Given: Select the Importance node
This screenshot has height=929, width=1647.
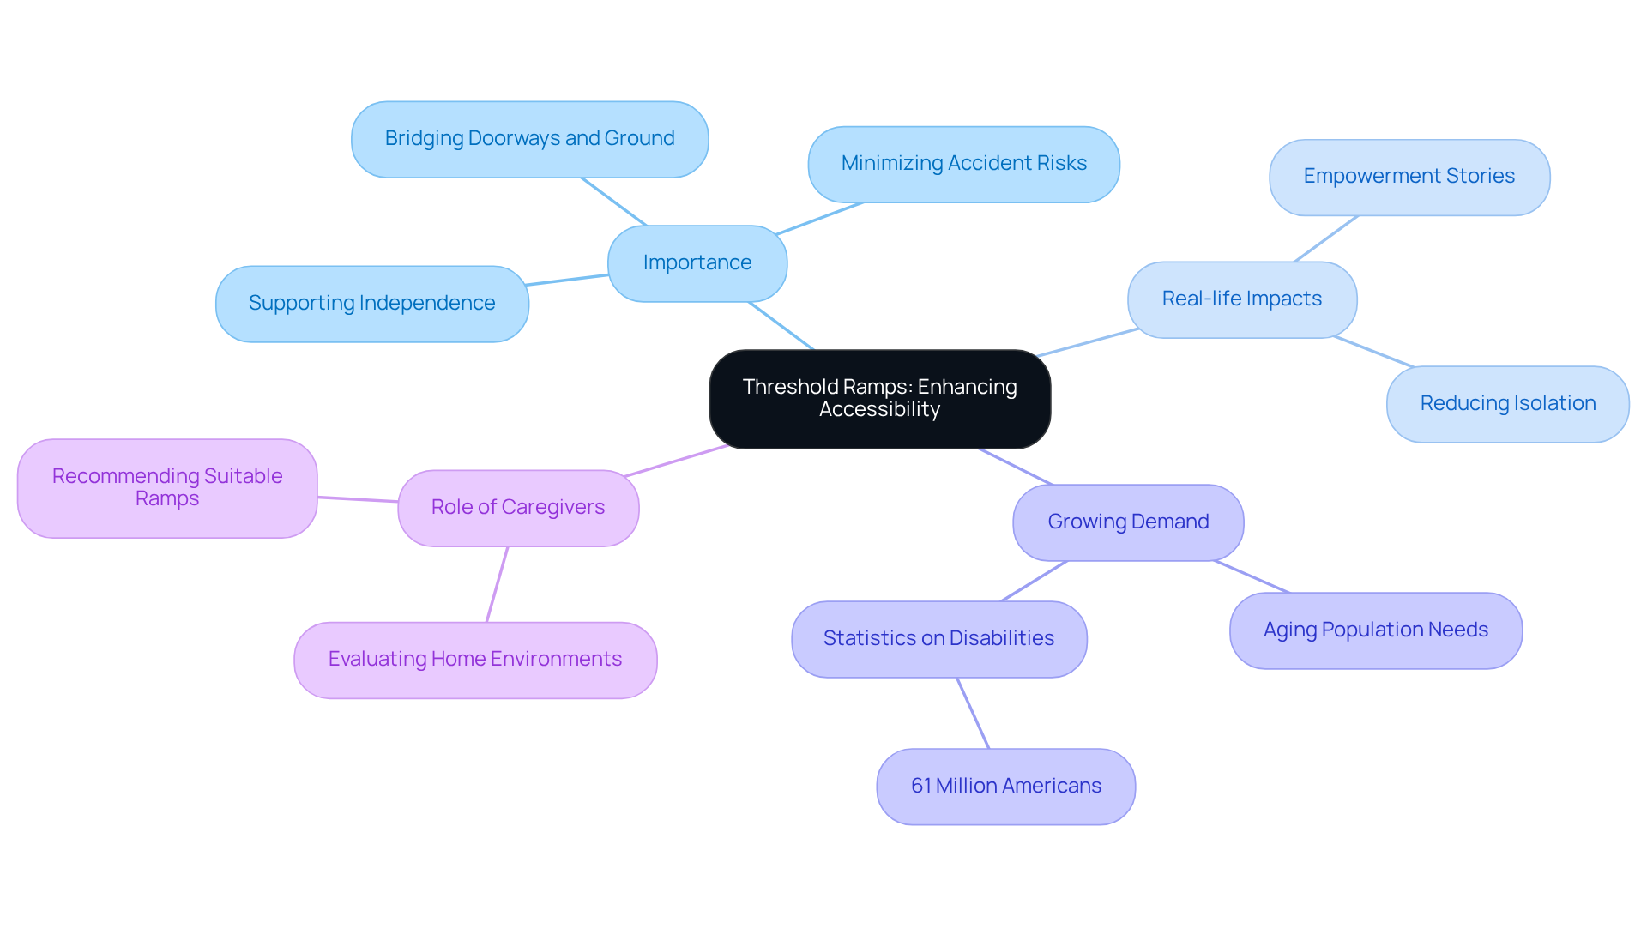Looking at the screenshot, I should pyautogui.click(x=697, y=263).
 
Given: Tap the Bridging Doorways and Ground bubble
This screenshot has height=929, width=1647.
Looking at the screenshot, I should pyautogui.click(x=529, y=139).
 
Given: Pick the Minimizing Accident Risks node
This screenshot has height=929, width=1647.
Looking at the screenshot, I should pyautogui.click(x=963, y=164).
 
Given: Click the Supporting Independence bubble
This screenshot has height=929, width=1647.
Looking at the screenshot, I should pyautogui.click(x=371, y=304).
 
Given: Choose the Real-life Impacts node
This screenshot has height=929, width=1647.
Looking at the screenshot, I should pyautogui.click(x=1241, y=299).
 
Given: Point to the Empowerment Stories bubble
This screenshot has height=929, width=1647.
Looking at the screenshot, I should pyautogui.click(x=1409, y=177).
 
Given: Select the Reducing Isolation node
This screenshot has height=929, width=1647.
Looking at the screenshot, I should pyautogui.click(x=1507, y=404).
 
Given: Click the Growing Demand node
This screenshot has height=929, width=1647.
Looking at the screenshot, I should pyautogui.click(x=1127, y=522).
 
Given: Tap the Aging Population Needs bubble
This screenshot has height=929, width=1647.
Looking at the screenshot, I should pyautogui.click(x=1375, y=630).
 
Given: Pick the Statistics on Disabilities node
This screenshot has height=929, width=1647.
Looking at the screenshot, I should pyautogui.click(x=938, y=639).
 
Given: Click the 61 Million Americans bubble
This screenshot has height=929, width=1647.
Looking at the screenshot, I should pyautogui.click(x=1005, y=787).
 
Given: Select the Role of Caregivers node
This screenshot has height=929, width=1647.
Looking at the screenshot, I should pyautogui.click(x=517, y=508).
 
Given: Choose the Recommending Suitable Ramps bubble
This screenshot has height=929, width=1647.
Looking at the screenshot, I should pyautogui.click(x=167, y=488).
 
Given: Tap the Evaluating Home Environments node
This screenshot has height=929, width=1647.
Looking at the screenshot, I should pyautogui.click(x=474, y=660).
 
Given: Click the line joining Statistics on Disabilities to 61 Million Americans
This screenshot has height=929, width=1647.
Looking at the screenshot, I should pyautogui.click(x=973, y=713).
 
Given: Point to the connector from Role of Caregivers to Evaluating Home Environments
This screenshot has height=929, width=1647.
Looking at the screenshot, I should pyautogui.click(x=497, y=584).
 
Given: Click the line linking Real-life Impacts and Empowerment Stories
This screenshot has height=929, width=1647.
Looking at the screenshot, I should pyautogui.click(x=1326, y=238).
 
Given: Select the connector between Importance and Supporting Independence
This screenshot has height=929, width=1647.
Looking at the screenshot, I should pyautogui.click(x=568, y=280).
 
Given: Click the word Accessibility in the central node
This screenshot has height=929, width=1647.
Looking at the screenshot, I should pyautogui.click(x=879, y=410).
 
